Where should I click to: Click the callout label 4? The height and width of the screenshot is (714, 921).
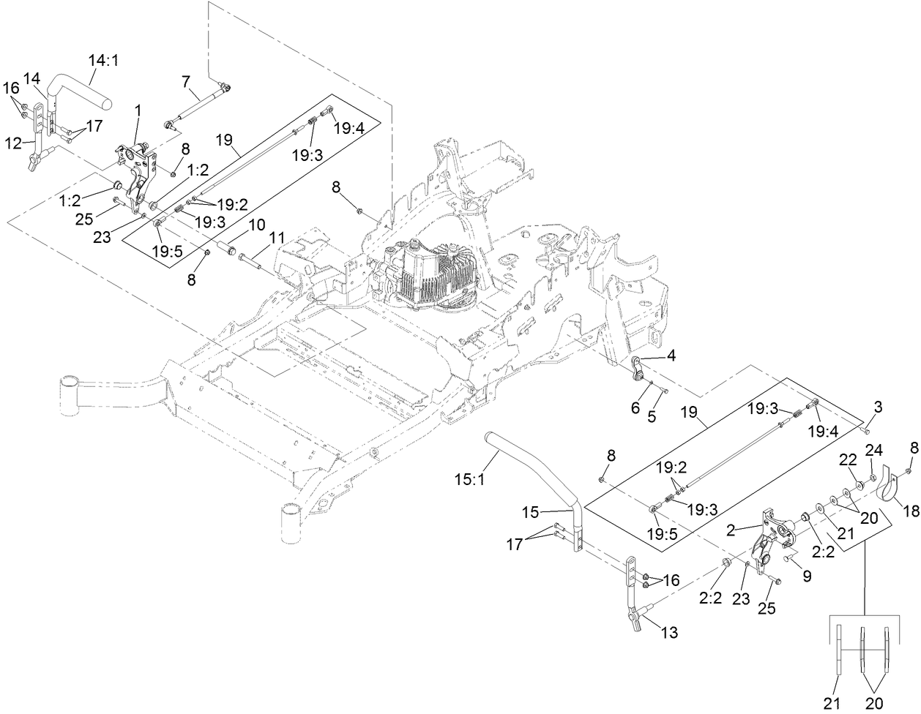click(671, 356)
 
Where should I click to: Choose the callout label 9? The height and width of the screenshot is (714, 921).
click(807, 576)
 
